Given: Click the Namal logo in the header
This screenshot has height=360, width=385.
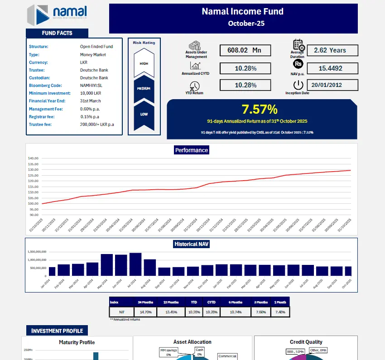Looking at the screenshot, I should [x=57, y=15].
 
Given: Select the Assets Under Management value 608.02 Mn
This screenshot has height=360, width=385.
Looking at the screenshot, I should [x=245, y=50].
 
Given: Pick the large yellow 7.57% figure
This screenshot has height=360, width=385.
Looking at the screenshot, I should [x=259, y=109].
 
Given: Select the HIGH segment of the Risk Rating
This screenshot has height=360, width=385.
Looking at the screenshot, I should [x=144, y=63].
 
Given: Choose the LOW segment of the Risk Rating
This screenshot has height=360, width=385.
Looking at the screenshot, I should [x=144, y=114].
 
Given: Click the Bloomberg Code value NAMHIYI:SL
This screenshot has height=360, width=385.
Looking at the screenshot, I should [x=93, y=85].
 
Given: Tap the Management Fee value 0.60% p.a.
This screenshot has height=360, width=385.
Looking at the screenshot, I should [x=91, y=109].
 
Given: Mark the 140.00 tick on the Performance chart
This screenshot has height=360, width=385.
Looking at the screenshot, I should [x=34, y=158].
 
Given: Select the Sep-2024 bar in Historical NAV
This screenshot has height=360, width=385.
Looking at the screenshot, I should [x=164, y=271].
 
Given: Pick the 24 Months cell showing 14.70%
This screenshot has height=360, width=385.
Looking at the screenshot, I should [x=145, y=312].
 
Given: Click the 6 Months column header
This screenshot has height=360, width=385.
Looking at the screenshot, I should [x=236, y=302].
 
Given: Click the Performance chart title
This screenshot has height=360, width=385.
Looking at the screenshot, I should [x=192, y=150].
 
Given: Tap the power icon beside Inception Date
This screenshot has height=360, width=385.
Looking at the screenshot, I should [x=298, y=85].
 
